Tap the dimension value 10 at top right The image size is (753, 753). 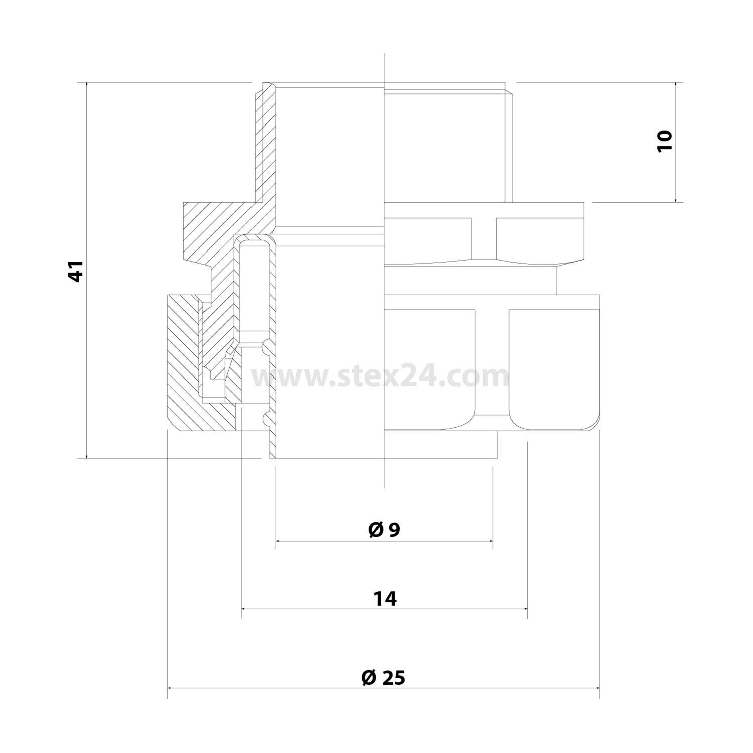[664, 141]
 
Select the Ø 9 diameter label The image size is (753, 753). [384, 530]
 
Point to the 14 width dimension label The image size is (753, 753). [385, 598]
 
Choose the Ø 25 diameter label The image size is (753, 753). [383, 678]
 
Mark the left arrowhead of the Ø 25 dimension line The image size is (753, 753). [170, 688]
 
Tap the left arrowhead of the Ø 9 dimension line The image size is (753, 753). [279, 541]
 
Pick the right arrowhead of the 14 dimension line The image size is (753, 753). [525, 609]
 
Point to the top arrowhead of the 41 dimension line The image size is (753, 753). [87, 84]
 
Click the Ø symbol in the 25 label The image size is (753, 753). [368, 678]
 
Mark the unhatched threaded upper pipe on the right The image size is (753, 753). [447, 146]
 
